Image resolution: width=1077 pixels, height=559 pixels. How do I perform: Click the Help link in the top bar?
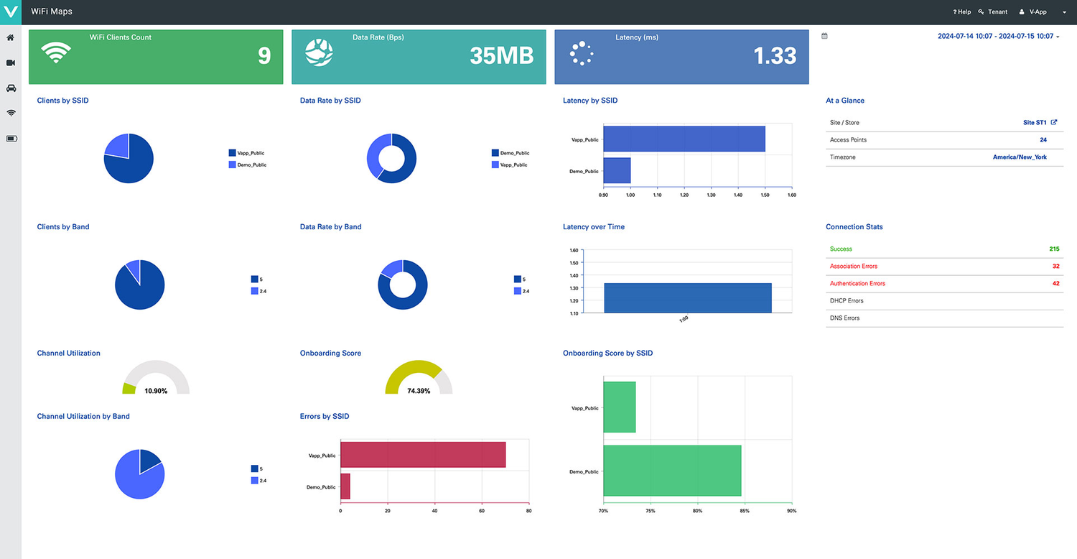tap(962, 12)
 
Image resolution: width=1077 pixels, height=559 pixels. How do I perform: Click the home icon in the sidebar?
tap(11, 37)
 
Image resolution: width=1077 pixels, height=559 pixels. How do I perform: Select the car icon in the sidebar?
tap(11, 88)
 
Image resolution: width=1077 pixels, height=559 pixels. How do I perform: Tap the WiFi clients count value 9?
tap(264, 56)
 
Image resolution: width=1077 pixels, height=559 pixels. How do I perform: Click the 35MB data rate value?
tap(502, 56)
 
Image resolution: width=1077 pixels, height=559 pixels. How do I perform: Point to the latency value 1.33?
tap(775, 56)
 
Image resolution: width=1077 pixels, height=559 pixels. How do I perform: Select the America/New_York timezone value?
tap(1020, 157)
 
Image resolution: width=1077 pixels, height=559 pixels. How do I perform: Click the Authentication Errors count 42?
tap(1055, 284)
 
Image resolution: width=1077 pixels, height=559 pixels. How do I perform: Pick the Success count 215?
tap(1054, 249)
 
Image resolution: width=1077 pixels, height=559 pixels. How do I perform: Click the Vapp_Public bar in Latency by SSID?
tap(684, 139)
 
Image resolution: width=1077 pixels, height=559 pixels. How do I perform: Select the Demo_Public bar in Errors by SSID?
tap(345, 486)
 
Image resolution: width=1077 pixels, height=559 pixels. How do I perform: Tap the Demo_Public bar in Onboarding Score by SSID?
tap(672, 471)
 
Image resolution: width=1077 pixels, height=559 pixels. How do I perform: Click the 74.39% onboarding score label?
tap(418, 391)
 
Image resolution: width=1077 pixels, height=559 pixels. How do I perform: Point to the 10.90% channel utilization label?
tap(156, 391)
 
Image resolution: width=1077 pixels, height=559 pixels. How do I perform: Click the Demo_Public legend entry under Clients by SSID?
tap(251, 165)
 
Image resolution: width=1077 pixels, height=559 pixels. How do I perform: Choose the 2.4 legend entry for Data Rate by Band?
tap(526, 291)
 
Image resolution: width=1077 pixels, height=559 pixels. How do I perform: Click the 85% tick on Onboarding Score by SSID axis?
tap(745, 511)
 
